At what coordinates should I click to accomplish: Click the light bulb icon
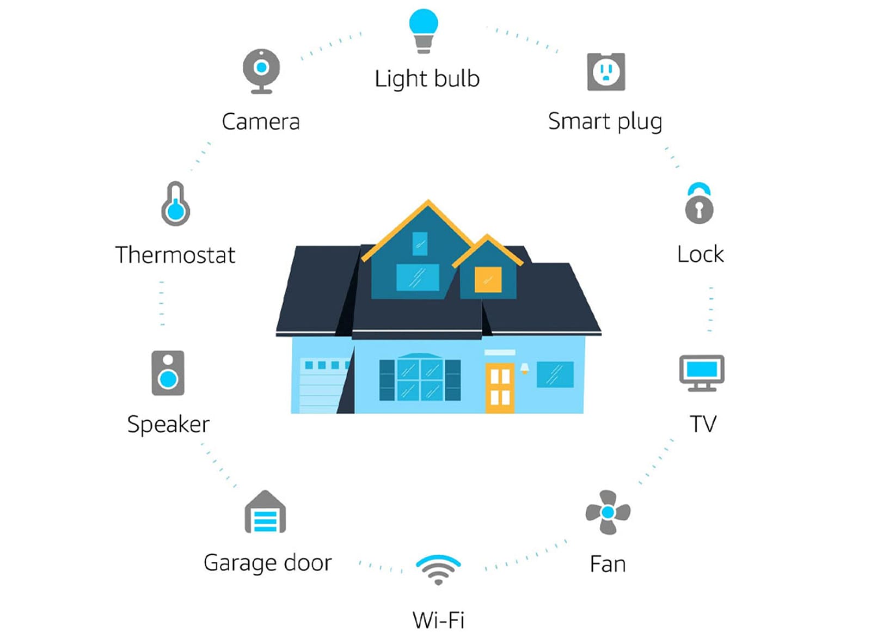click(424, 31)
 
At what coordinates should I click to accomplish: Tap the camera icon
click(261, 71)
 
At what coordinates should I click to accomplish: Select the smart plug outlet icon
click(606, 72)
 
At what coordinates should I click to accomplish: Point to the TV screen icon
click(702, 373)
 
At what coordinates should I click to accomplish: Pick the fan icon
click(608, 512)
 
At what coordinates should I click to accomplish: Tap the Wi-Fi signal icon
click(438, 569)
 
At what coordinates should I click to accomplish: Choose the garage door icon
click(265, 512)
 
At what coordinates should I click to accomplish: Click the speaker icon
click(168, 373)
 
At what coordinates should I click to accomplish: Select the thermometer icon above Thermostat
click(176, 204)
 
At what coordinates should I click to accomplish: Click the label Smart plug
click(605, 122)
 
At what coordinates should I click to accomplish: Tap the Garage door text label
click(268, 563)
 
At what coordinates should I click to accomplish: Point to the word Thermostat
click(175, 255)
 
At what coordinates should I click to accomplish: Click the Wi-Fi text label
click(439, 619)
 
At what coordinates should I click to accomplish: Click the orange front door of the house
click(500, 388)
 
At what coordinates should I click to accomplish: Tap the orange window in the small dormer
click(488, 280)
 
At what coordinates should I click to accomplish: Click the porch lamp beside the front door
click(525, 368)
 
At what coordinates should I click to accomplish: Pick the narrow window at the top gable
click(420, 244)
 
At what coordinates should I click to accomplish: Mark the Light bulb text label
click(427, 79)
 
